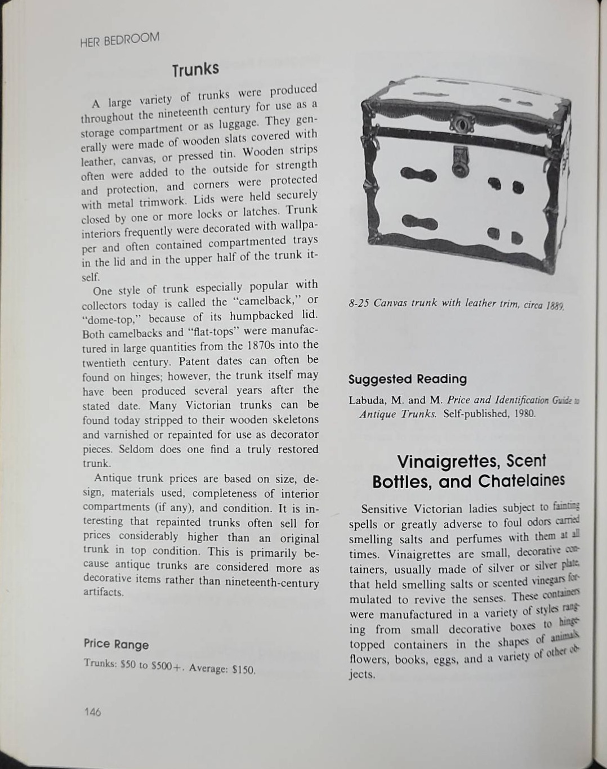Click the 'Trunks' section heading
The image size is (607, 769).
pyautogui.click(x=195, y=70)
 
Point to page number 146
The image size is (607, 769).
pyautogui.click(x=92, y=712)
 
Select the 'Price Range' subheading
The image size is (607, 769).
pyautogui.click(x=117, y=644)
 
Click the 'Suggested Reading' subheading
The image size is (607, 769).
pyautogui.click(x=408, y=379)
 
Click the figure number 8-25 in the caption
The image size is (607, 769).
pyautogui.click(x=359, y=302)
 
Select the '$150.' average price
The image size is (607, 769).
pyautogui.click(x=244, y=670)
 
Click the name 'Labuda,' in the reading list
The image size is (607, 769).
pyautogui.click(x=367, y=400)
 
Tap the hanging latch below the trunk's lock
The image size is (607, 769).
pyautogui.click(x=460, y=159)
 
